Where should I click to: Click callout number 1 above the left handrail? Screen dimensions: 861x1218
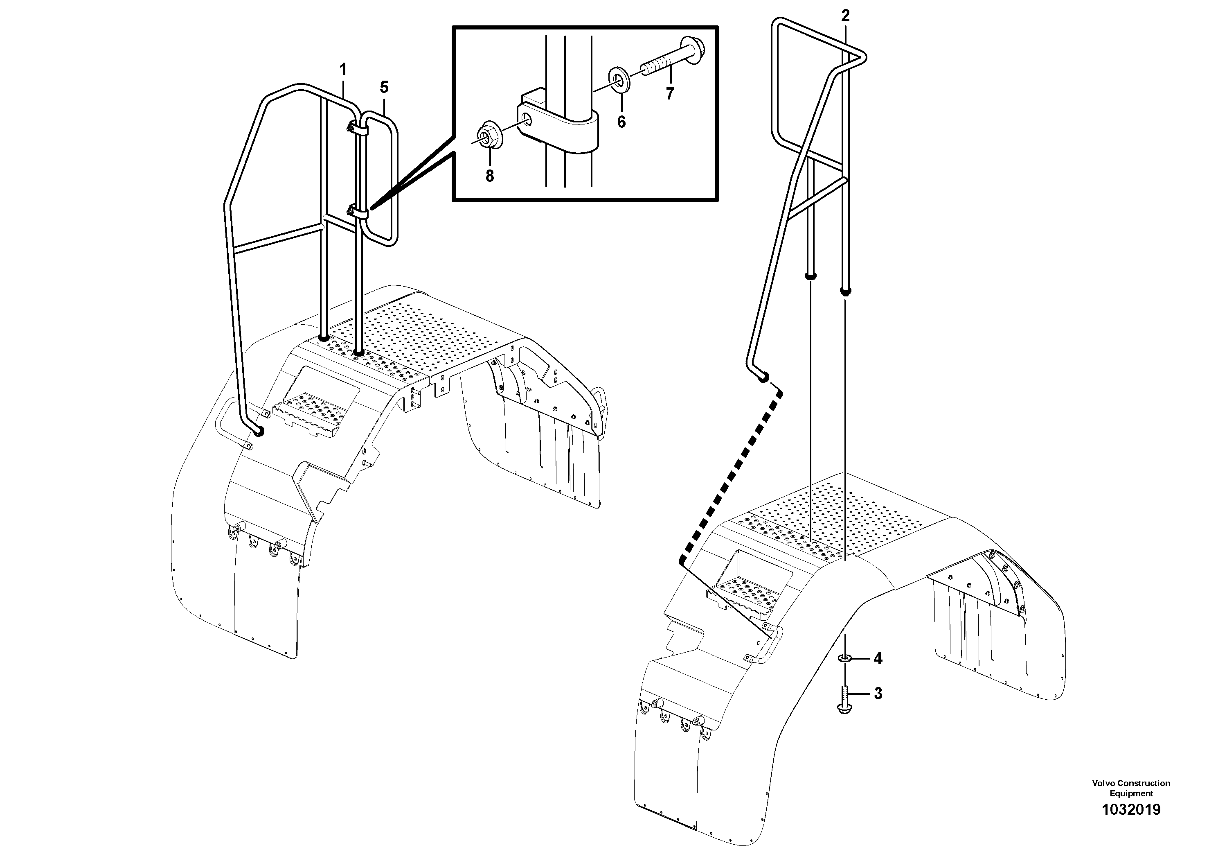pyautogui.click(x=343, y=70)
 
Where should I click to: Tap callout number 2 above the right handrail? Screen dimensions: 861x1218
pyautogui.click(x=845, y=16)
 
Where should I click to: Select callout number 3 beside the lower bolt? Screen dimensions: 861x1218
pyautogui.click(x=878, y=693)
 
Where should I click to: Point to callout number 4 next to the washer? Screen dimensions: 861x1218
pyautogui.click(x=878, y=659)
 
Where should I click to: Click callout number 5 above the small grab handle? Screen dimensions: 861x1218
pyautogui.click(x=384, y=87)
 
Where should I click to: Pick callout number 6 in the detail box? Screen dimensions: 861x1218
pyautogui.click(x=621, y=122)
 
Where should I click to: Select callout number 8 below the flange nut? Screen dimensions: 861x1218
pyautogui.click(x=489, y=176)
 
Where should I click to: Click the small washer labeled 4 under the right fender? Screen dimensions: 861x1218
pyautogui.click(x=845, y=659)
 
